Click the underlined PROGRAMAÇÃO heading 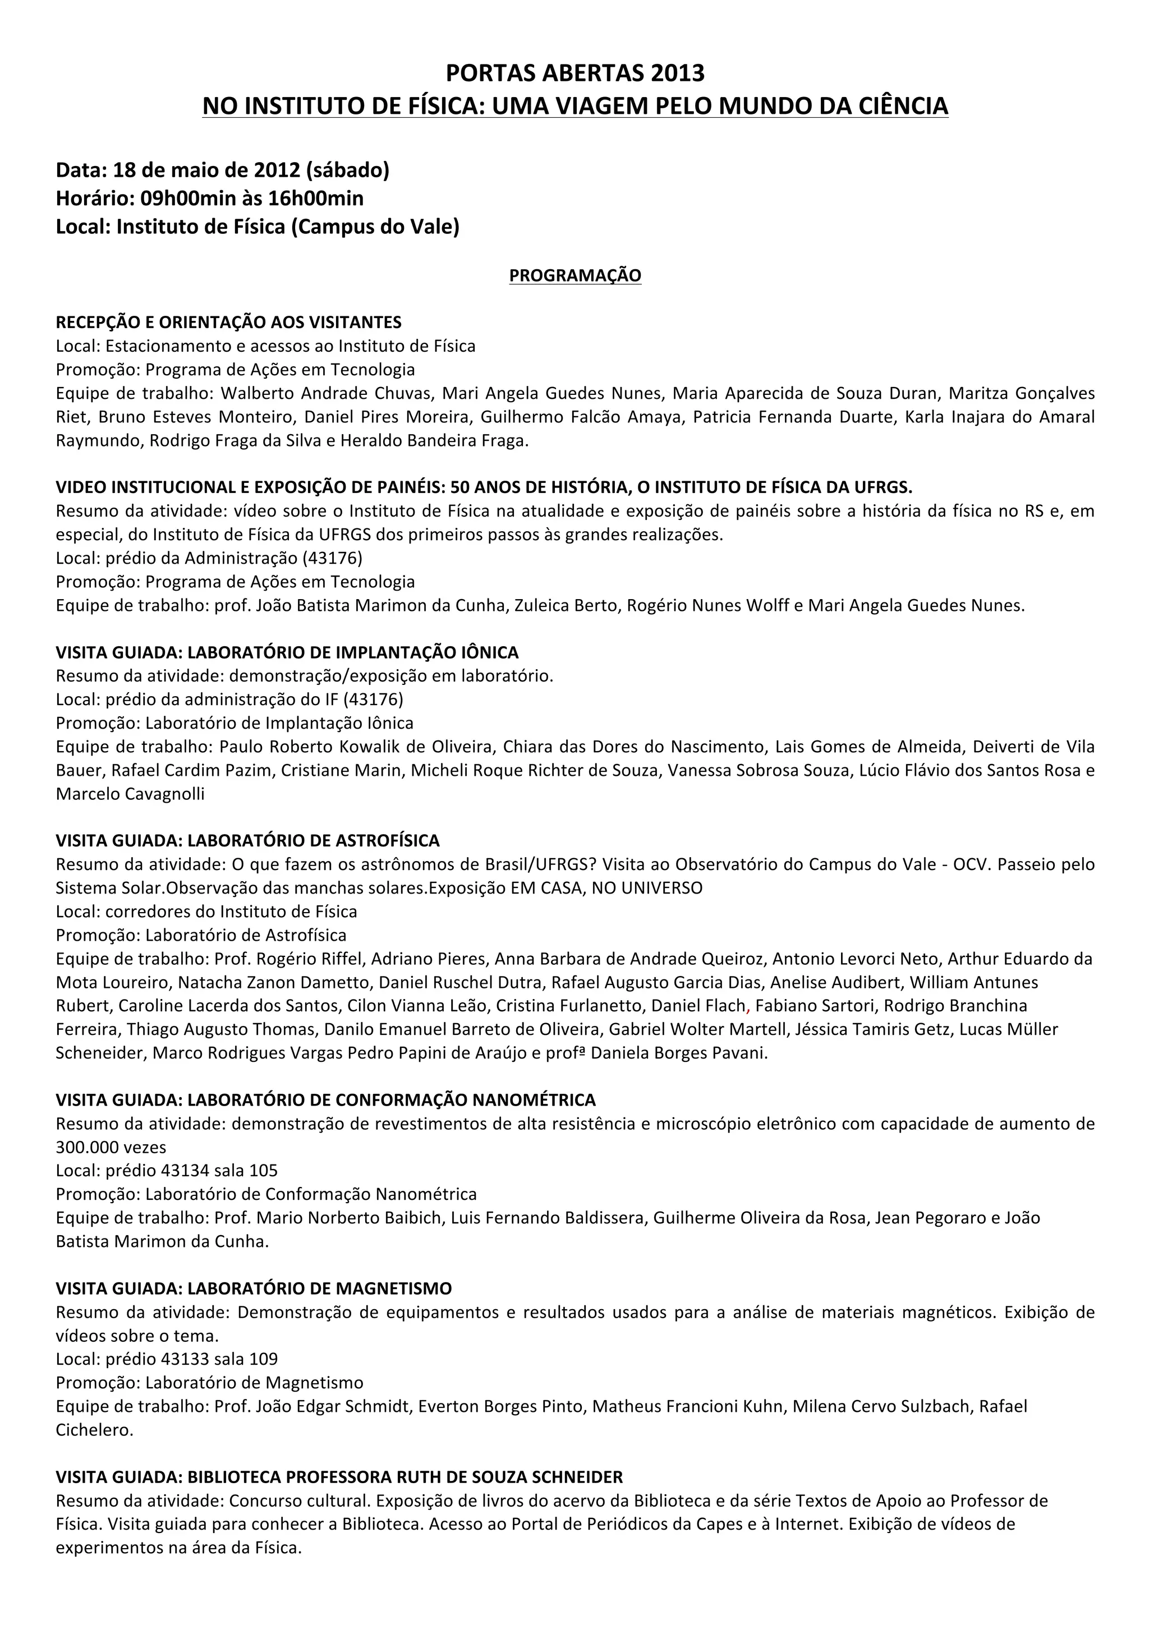[x=575, y=275]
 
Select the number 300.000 [x=80, y=1147]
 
